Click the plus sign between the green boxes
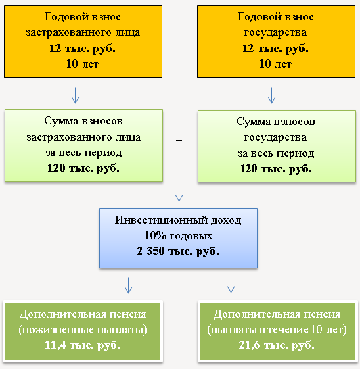coord(179,141)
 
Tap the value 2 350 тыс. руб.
coord(178,251)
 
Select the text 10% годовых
coord(178,235)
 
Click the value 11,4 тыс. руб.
coord(83,345)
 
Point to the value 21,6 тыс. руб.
coord(276,345)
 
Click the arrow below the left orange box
coord(75,95)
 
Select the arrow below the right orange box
coord(271,95)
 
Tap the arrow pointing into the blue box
coord(179,193)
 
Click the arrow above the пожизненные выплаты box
coord(128,285)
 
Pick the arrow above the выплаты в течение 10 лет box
coord(231,285)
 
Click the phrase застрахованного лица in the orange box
coord(83,32)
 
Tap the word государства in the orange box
coord(275,33)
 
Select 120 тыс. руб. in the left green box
coord(83,168)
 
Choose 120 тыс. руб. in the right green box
coord(275,169)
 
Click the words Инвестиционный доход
coord(178,220)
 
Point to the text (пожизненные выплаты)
coord(83,330)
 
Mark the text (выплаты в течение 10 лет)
coord(277,330)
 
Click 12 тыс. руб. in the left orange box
coord(83,49)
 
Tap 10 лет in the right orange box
coord(275,64)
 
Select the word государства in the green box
coord(275,137)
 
